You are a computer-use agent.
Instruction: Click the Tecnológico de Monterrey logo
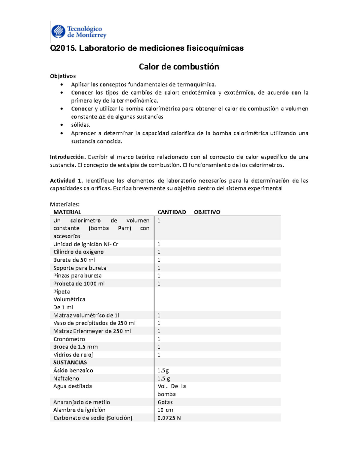pos(79,32)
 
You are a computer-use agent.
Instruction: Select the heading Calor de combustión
pos(179,67)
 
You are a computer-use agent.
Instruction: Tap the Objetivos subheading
pos(63,76)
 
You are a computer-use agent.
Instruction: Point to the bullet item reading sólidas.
pos(81,125)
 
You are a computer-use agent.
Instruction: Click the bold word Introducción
pos(68,157)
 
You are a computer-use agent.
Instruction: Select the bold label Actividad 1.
pos(66,181)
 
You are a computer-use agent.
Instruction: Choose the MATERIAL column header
pos(67,212)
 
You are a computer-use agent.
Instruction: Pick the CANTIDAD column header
pos(172,212)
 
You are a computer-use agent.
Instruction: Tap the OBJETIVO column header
pos(207,212)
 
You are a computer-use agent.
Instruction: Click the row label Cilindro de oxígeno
pos(78,252)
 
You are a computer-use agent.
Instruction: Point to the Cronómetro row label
pos(69,339)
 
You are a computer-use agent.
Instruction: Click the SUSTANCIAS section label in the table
pos(70,362)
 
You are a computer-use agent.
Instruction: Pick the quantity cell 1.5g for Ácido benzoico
pos(163,371)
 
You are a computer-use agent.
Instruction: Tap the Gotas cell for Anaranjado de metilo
pos(165,402)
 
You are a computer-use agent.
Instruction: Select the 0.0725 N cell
pos(169,418)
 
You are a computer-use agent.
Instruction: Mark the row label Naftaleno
pos(66,378)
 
